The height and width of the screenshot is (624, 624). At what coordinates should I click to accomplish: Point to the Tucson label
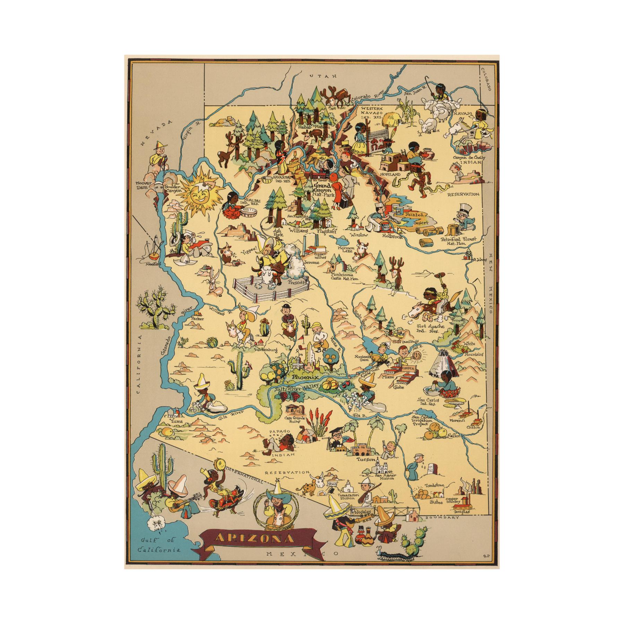point(366,459)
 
